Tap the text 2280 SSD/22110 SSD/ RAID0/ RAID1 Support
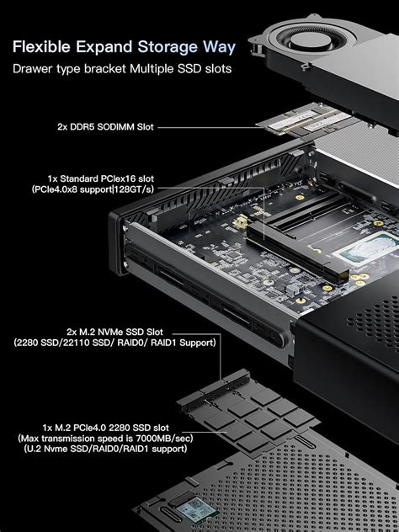114,343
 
